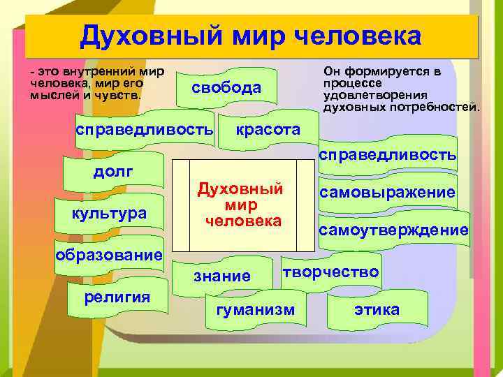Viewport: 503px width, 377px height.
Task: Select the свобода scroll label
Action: pyautogui.click(x=228, y=87)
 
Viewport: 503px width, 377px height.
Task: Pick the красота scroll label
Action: pyautogui.click(x=268, y=130)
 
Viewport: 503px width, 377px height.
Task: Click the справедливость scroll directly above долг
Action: pyautogui.click(x=144, y=130)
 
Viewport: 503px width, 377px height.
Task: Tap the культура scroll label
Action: pyautogui.click(x=110, y=213)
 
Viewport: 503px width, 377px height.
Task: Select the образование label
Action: pyautogui.click(x=109, y=255)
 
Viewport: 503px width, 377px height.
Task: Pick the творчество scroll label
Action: pyautogui.click(x=331, y=272)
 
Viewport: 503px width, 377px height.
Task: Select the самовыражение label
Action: pyautogui.click(x=387, y=192)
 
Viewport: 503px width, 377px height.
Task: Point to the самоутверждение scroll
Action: pyautogui.click(x=393, y=230)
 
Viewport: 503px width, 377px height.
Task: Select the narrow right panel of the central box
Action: pyautogui.click(x=305, y=205)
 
